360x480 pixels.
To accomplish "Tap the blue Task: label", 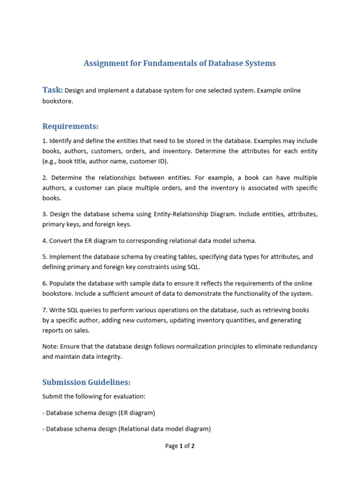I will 52,90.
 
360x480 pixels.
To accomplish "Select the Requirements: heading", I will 70,126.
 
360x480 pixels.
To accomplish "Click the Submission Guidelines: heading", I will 86,382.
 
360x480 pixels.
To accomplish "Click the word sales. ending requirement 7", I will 81,330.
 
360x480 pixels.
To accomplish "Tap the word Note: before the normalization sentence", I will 50,346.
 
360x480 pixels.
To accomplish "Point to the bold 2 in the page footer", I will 193,446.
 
